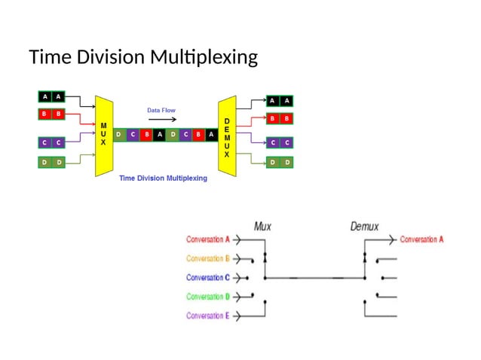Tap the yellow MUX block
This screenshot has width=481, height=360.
coord(103,135)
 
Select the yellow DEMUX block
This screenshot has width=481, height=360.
coord(227,136)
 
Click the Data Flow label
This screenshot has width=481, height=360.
coord(161,110)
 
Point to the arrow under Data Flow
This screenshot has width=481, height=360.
coord(161,120)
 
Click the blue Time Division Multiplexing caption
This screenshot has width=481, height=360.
coord(163,178)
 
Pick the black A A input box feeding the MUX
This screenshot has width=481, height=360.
coord(52,96)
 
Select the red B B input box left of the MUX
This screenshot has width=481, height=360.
coord(52,114)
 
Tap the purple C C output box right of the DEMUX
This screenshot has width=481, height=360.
coord(279,142)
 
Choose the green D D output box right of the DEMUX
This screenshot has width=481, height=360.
coord(279,162)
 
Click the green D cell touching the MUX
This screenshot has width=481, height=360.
coord(119,135)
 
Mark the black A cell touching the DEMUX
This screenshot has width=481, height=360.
coord(211,135)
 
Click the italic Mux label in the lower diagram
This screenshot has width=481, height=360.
coord(263,225)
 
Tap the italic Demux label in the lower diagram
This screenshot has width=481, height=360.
coord(364,225)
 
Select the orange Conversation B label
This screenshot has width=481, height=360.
coord(208,258)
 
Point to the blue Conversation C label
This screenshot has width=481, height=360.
coord(208,277)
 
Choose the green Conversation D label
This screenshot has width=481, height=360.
coord(208,297)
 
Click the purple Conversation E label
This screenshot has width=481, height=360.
coord(208,316)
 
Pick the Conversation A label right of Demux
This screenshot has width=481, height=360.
coord(421,239)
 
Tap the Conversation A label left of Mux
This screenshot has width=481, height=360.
coord(208,239)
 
